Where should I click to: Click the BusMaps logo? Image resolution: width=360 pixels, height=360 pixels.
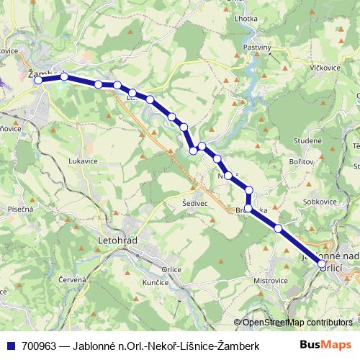(x=331, y=346)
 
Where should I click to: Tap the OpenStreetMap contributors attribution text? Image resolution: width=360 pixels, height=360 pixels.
(x=297, y=323)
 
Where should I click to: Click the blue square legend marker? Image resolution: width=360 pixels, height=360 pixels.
(x=9, y=346)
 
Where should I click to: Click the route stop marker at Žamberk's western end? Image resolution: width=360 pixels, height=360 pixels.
(x=39, y=80)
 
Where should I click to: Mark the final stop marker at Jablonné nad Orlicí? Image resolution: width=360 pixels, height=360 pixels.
(x=322, y=264)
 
